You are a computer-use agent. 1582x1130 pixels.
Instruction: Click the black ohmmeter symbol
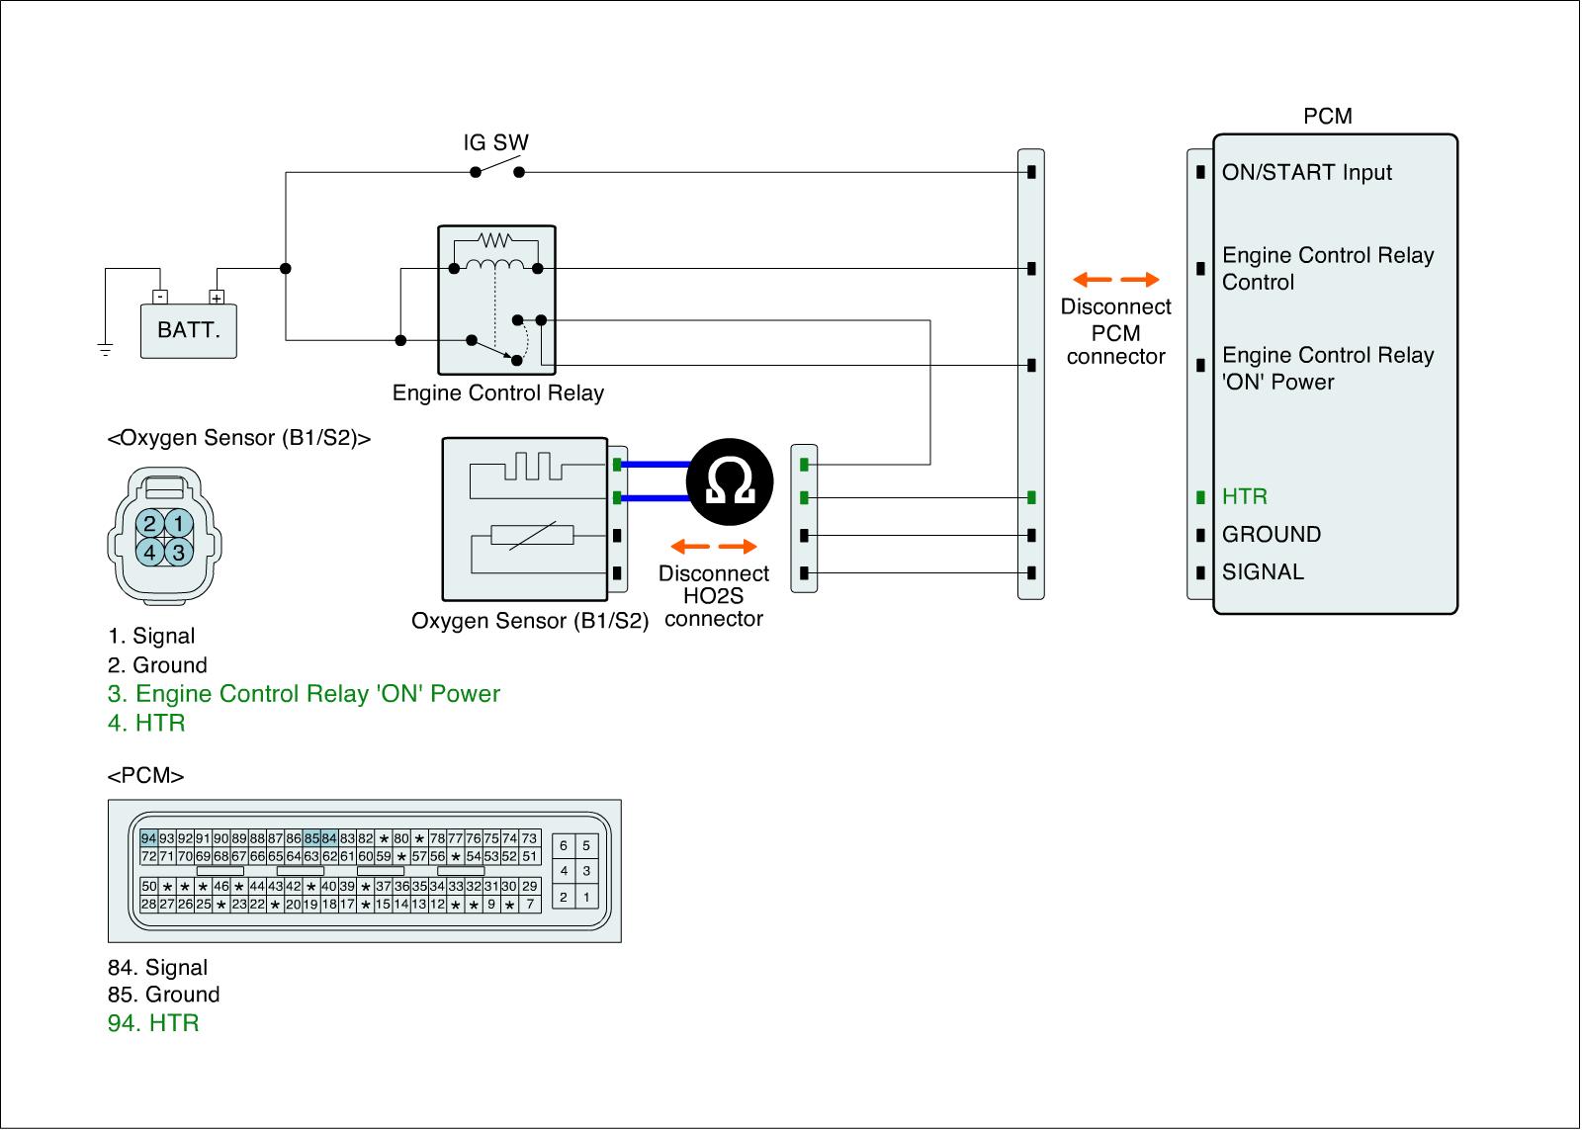(x=730, y=481)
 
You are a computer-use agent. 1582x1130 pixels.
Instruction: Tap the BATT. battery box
(x=189, y=330)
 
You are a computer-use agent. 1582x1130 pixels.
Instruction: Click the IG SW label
(x=495, y=142)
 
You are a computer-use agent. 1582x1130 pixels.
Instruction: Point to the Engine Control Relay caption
(x=498, y=392)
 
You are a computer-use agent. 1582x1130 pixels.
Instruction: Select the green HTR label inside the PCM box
(x=1245, y=496)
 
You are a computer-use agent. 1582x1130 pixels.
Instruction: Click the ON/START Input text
(x=1306, y=172)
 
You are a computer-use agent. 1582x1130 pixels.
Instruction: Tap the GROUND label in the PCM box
(x=1272, y=534)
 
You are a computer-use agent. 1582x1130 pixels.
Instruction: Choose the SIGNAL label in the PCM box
(x=1263, y=571)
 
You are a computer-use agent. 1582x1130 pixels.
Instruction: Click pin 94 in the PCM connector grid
(x=148, y=838)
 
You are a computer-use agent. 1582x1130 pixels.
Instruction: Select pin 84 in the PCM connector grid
(x=329, y=838)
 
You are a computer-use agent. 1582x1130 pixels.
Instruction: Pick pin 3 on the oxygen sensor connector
(x=179, y=553)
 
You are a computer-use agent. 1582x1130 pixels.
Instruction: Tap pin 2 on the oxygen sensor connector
(x=149, y=523)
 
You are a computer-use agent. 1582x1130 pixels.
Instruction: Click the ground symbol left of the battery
(x=105, y=349)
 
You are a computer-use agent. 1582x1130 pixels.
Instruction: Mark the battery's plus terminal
(x=217, y=298)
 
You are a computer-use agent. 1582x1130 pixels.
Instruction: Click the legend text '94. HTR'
(x=153, y=1022)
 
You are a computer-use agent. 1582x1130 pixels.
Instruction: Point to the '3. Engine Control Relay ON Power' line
(x=304, y=694)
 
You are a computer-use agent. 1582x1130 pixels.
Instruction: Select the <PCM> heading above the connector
(x=145, y=775)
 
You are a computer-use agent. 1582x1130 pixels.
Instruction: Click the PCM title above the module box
(x=1328, y=116)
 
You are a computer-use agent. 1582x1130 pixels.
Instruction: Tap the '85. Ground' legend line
(x=164, y=995)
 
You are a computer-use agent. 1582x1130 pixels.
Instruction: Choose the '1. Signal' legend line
(x=151, y=636)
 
